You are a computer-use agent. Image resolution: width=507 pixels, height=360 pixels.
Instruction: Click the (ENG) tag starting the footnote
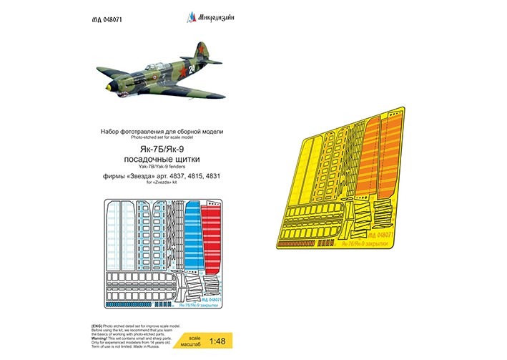[97, 326]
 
